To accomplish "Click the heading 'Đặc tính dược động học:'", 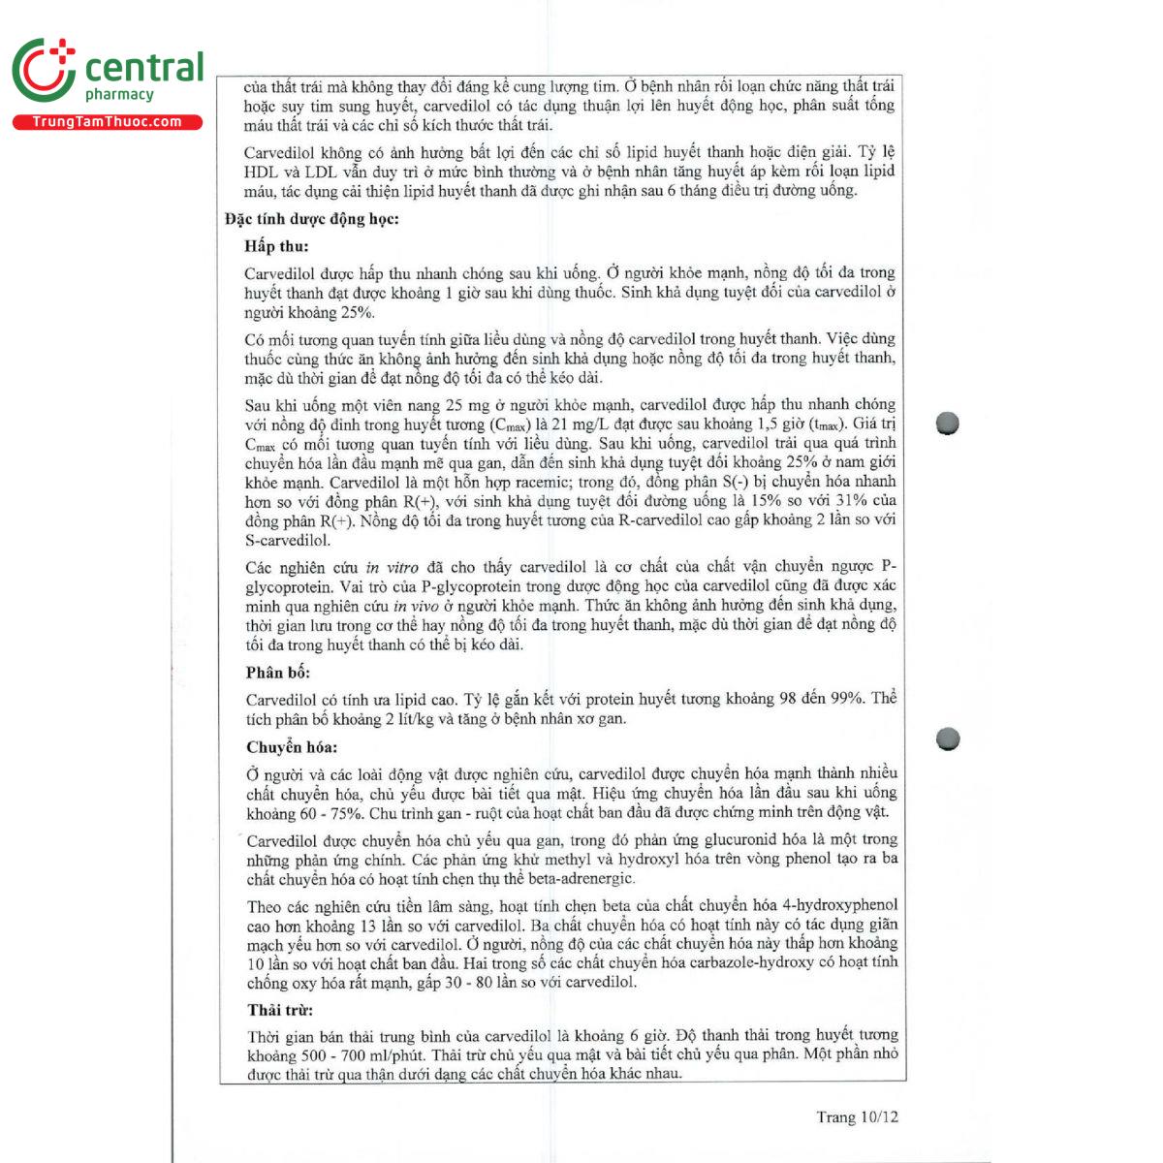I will tap(311, 219).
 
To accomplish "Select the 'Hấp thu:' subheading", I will tap(276, 246).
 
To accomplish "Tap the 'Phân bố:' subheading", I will tap(277, 673).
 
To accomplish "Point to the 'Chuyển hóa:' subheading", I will tap(292, 747).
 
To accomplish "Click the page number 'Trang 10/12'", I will tap(857, 1117).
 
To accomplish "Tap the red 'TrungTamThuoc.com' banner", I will tap(107, 122).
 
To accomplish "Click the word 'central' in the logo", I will tap(144, 68).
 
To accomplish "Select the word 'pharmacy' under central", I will tap(119, 94).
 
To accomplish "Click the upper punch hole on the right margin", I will tap(947, 424).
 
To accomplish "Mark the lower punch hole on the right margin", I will tap(948, 739).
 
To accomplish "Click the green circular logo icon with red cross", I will tap(44, 70).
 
